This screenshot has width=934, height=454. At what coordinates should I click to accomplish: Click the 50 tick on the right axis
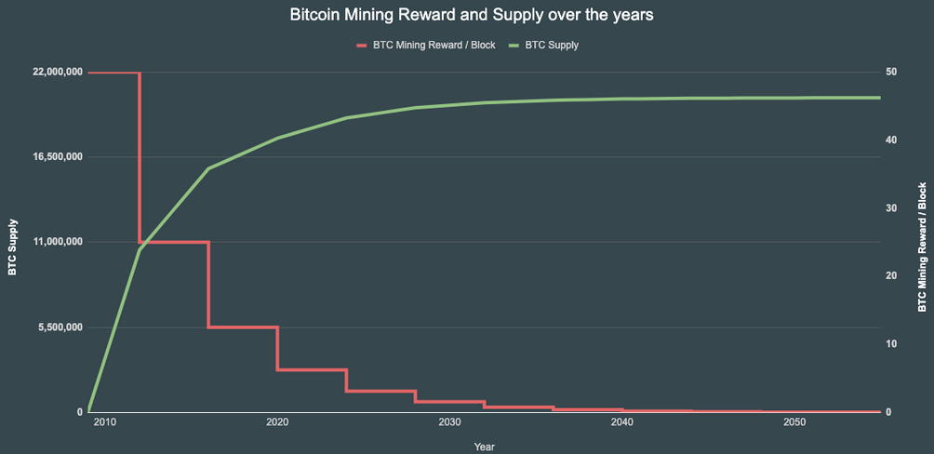pos(890,73)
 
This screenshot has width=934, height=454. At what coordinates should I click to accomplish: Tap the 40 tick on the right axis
pos(890,140)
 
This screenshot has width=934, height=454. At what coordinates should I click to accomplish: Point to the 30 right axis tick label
pos(890,208)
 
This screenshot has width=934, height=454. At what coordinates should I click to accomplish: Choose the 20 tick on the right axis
pos(890,276)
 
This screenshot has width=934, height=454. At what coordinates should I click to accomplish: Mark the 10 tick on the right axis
pos(890,344)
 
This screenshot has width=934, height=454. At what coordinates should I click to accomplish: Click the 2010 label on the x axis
pos(104,422)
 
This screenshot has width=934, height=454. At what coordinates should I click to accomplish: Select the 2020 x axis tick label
pos(277,422)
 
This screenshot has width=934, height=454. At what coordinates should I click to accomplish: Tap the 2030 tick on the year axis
pos(449,422)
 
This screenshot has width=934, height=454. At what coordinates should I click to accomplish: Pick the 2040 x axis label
pos(622,422)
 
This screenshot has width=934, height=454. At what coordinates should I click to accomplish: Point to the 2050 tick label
pos(794,422)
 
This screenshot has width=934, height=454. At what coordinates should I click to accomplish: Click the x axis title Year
pos(484,447)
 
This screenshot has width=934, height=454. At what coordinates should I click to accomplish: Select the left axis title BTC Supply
pos(12,247)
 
